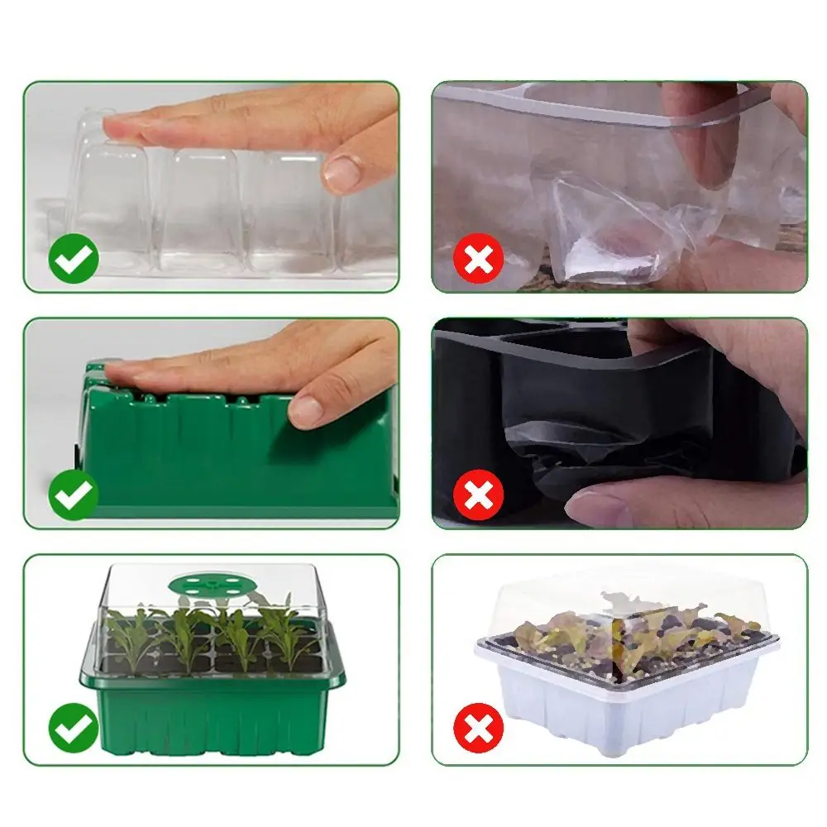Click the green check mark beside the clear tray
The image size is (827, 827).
click(73, 260)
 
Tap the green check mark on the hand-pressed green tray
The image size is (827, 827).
click(73, 495)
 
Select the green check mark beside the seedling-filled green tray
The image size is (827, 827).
click(73, 728)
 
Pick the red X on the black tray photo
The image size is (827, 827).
click(478, 496)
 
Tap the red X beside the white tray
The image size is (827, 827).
click(478, 729)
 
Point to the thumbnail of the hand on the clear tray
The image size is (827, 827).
click(211, 187)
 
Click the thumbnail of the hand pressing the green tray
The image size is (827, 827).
click(211, 423)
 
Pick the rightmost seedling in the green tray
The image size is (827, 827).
click(285, 633)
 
